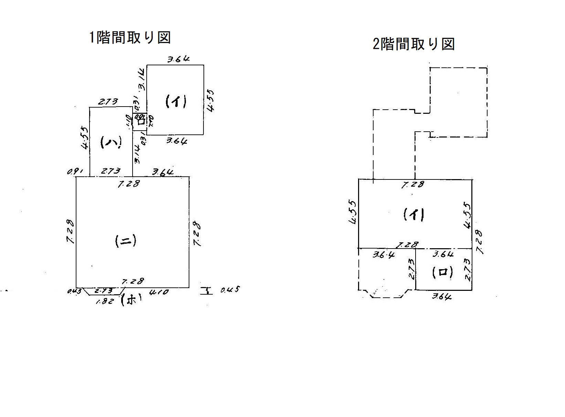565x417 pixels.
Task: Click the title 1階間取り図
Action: (x=130, y=37)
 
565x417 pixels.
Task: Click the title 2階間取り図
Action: (x=414, y=44)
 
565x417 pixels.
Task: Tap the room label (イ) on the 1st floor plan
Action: (x=176, y=101)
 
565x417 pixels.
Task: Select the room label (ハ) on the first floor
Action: (x=111, y=142)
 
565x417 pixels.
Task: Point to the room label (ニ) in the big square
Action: (x=126, y=241)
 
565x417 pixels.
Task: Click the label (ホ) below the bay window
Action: (x=131, y=300)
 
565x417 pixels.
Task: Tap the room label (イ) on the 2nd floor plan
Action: (x=414, y=215)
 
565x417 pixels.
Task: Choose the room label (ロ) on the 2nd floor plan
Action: (x=443, y=273)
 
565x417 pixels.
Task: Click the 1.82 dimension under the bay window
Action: (x=104, y=302)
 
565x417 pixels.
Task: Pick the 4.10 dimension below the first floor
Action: (x=159, y=293)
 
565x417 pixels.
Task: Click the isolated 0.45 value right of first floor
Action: (x=230, y=290)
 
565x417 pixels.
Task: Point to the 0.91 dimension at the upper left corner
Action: (x=74, y=171)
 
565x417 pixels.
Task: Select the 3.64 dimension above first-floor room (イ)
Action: (x=178, y=59)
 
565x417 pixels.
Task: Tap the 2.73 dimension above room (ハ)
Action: (x=108, y=102)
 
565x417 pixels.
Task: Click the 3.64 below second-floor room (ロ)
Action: (x=442, y=296)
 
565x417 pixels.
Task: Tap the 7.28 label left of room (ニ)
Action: (x=70, y=231)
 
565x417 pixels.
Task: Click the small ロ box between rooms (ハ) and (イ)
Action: (x=140, y=121)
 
